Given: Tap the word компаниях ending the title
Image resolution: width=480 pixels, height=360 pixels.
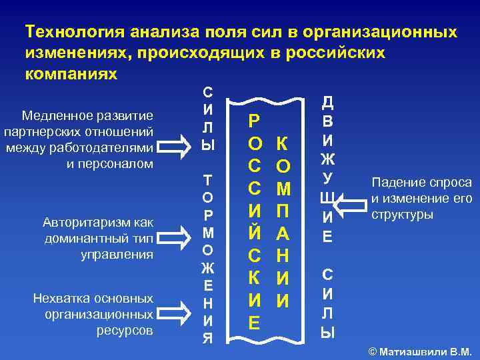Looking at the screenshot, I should pyautogui.click(x=71, y=73).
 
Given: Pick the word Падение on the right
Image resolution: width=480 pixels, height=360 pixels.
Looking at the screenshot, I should pyautogui.click(x=394, y=183).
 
